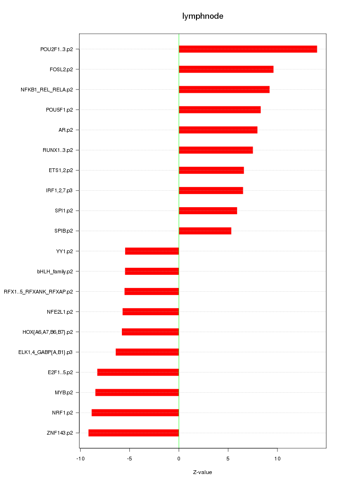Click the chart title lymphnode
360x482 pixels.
202,16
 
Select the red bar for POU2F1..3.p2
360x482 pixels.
247,49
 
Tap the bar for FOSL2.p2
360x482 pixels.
226,69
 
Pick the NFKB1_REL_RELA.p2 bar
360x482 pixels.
224,90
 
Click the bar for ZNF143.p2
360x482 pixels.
134,433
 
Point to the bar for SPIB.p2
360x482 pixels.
205,231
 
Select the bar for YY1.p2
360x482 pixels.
152,251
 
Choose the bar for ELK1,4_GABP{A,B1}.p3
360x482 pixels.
147,352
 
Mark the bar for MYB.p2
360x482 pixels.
137,392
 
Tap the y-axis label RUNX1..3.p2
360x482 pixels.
58,150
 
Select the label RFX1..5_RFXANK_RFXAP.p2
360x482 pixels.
38,292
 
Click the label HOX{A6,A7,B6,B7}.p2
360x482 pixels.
48,332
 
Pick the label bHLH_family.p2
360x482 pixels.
55,271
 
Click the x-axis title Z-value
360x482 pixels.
202,472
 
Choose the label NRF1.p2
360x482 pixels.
62,413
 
